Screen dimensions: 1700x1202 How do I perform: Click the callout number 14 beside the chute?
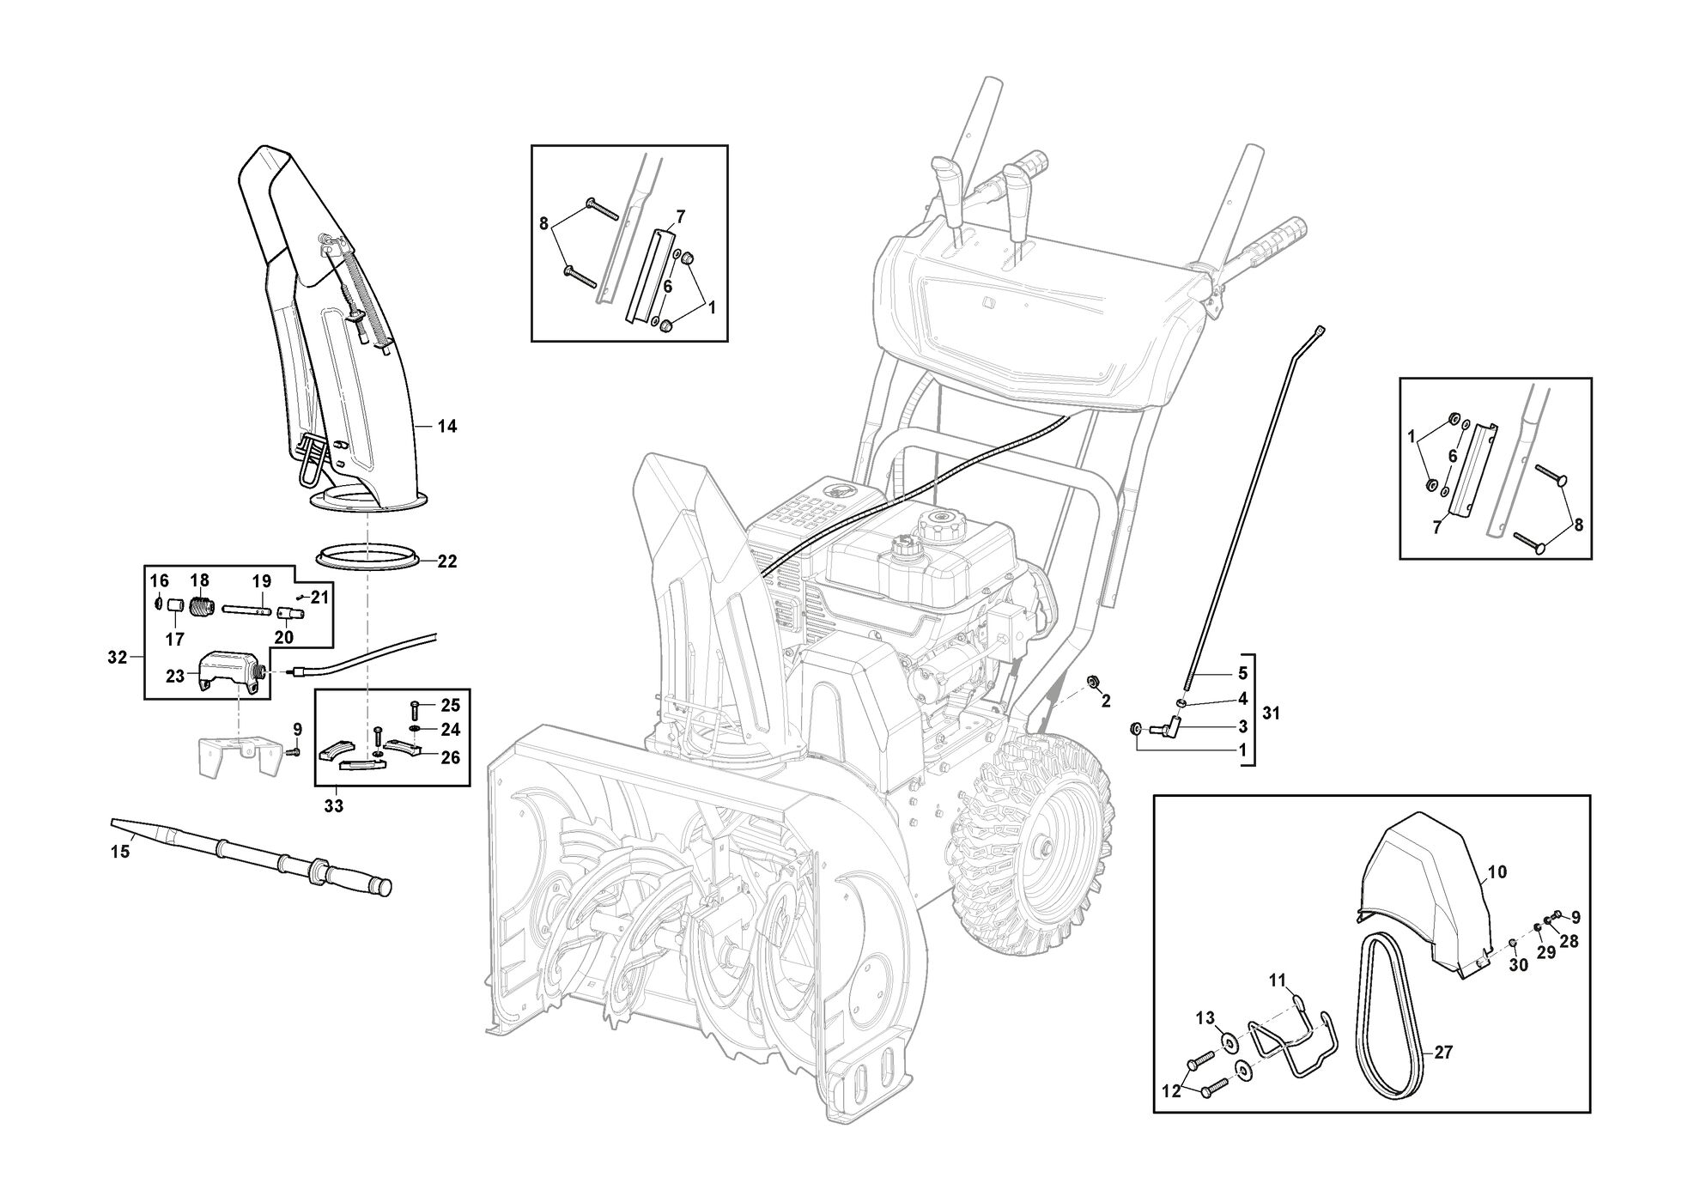tap(447, 427)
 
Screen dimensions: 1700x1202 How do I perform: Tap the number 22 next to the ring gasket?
tap(447, 562)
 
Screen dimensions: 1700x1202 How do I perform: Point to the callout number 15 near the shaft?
tap(120, 852)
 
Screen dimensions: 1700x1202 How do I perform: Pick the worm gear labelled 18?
tap(199, 607)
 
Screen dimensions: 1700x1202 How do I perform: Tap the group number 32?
tap(118, 659)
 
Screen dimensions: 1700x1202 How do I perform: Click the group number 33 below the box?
tap(333, 806)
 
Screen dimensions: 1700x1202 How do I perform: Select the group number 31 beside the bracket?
tap(1272, 713)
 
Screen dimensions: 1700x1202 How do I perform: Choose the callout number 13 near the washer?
tap(1205, 1018)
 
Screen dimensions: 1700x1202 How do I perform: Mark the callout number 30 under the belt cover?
tap(1519, 965)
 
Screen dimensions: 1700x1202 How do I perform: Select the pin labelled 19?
tap(248, 610)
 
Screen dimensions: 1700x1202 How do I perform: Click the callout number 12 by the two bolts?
tap(1171, 1092)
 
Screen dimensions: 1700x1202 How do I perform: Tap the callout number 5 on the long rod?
tap(1242, 673)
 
